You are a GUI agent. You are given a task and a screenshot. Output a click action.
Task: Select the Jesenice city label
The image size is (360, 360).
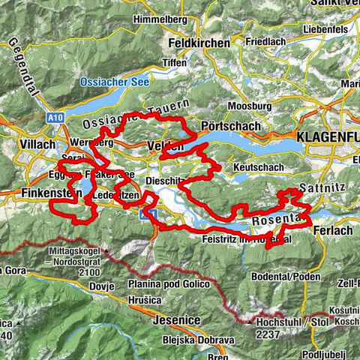[175, 320]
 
